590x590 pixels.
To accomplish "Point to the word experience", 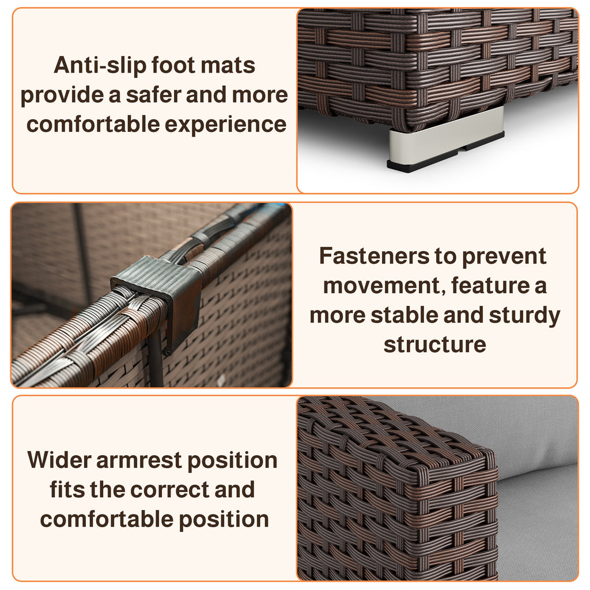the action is [225, 125].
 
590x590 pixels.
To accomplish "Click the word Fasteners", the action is [375, 256].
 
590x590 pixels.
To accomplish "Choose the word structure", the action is [435, 345].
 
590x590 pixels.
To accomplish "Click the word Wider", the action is [59, 460].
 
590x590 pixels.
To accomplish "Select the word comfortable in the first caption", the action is [93, 124].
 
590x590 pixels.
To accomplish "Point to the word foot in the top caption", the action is [173, 65].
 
